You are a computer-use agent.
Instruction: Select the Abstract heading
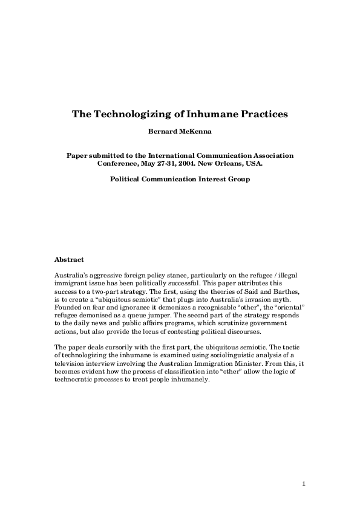(x=69, y=259)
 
